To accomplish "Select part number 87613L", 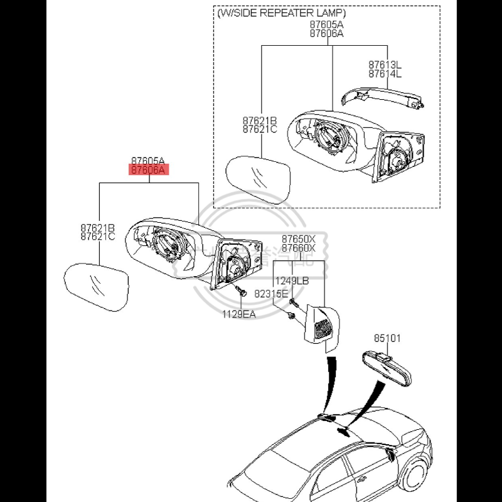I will [385, 65].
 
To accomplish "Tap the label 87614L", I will [385, 73].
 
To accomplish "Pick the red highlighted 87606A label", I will [149, 170].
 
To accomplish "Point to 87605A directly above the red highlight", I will [149, 161].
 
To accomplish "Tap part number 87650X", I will [299, 239].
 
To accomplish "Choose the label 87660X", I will [299, 248].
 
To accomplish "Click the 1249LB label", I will [292, 280].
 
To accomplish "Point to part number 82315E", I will [271, 294].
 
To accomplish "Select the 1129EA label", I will [238, 313].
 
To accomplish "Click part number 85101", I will [387, 338].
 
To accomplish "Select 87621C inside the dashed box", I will [260, 129].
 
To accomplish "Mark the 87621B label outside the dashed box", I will [97, 228].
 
